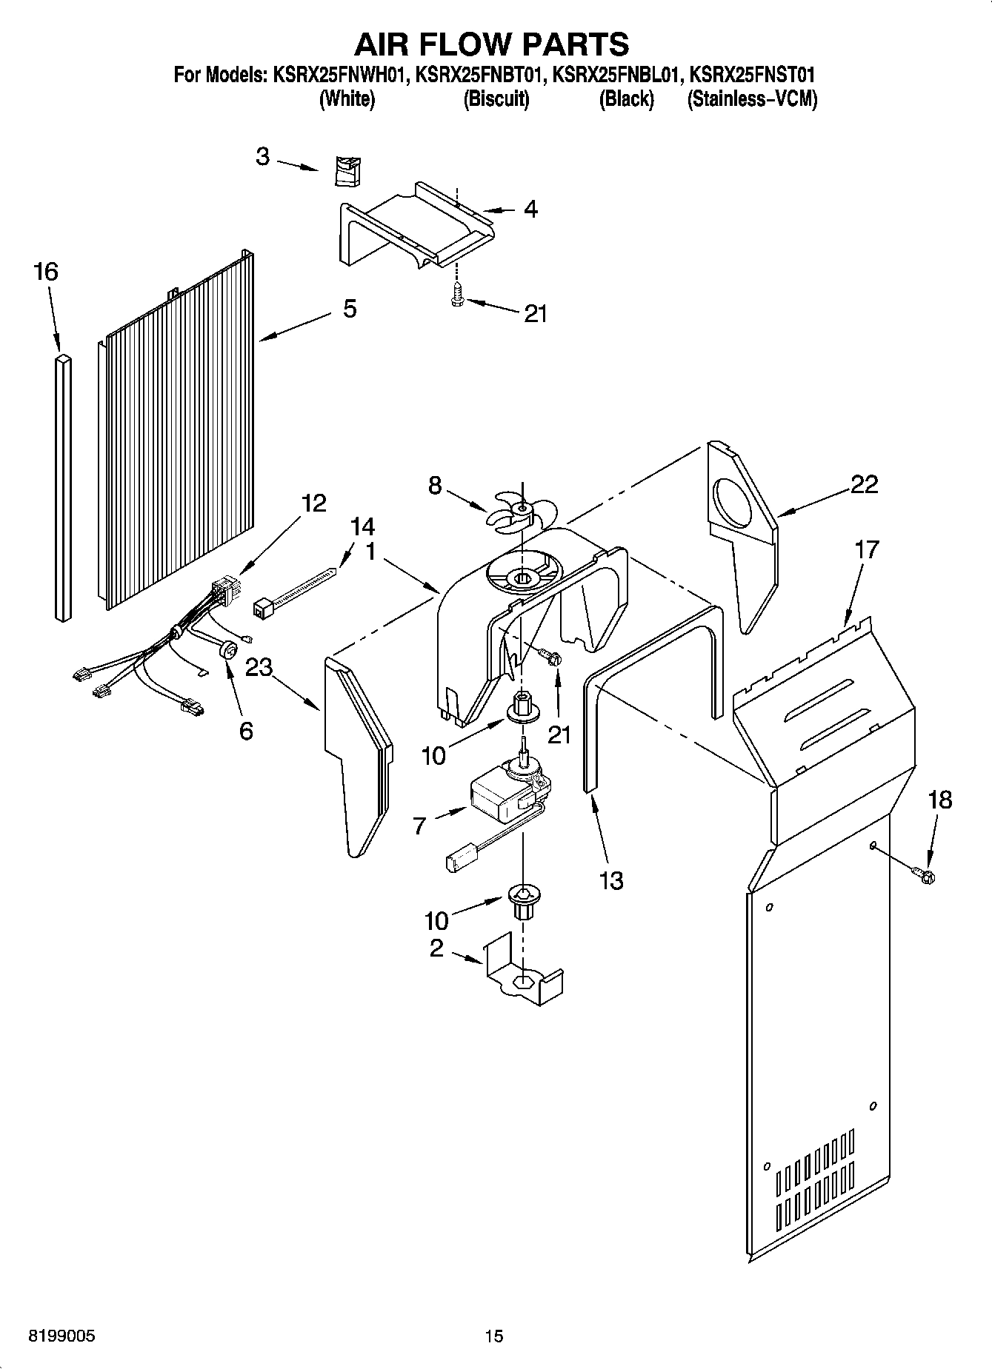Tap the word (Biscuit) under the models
click(496, 98)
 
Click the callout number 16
click(45, 272)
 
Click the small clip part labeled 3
click(345, 171)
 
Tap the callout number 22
click(864, 484)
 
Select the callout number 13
click(612, 880)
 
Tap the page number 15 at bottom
click(494, 1336)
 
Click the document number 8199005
click(61, 1336)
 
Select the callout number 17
click(867, 549)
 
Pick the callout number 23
click(259, 668)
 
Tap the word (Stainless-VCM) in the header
click(752, 98)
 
